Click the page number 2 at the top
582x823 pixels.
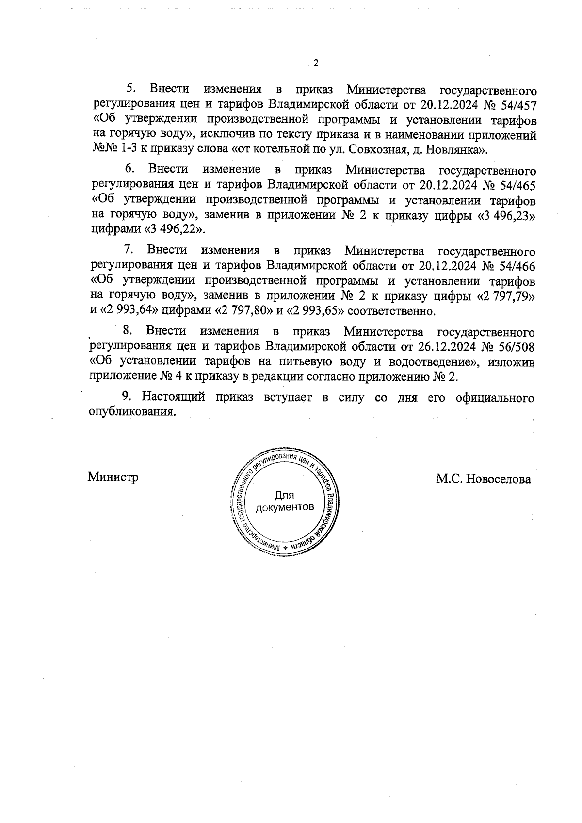pos(315,64)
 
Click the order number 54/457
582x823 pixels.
pos(517,104)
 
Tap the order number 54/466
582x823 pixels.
pos(517,266)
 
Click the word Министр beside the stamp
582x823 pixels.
pos(113,477)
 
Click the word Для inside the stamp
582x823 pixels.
pos(284,496)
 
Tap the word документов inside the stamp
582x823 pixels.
pos(285,507)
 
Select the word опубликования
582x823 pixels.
pos(132,411)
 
